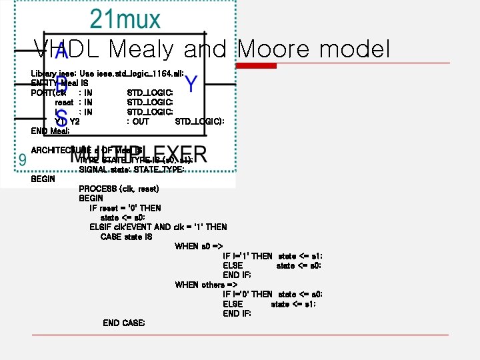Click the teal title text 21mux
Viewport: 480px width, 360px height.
(x=125, y=18)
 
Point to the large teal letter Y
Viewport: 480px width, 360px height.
(x=191, y=84)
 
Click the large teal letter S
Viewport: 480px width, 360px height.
(x=61, y=119)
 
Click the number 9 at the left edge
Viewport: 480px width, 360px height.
(x=23, y=160)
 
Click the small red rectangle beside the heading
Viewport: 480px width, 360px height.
(x=259, y=65)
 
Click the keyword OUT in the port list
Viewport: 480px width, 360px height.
(x=141, y=121)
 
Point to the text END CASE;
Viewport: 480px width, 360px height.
(x=123, y=323)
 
